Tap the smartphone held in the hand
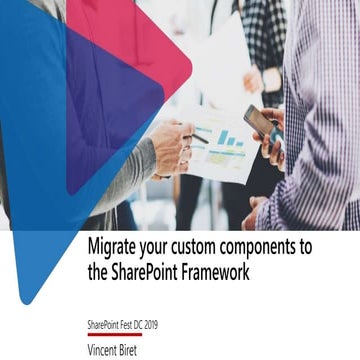[x=258, y=124]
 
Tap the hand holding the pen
[x=171, y=145]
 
